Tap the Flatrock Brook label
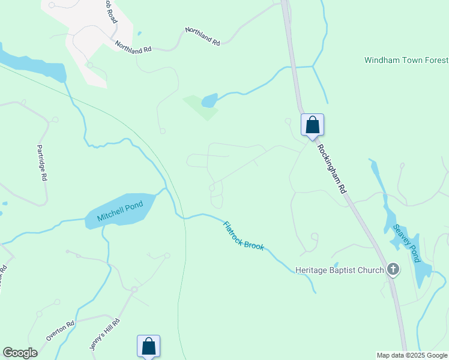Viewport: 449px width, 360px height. [244, 236]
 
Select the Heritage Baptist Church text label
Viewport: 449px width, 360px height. [339, 270]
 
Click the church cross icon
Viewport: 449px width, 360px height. [393, 269]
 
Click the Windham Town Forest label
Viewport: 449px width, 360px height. [406, 61]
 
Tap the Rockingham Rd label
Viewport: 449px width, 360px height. [333, 167]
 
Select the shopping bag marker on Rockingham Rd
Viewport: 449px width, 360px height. [312, 126]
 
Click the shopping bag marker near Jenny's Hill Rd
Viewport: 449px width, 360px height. [148, 347]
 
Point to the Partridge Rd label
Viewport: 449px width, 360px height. [41, 163]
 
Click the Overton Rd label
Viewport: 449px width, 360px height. [61, 331]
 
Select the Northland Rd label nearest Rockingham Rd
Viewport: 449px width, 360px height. [202, 36]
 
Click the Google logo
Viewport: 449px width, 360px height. [20, 353]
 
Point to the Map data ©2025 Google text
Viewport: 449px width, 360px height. [411, 355]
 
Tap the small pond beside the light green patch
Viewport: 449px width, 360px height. [209, 100]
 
